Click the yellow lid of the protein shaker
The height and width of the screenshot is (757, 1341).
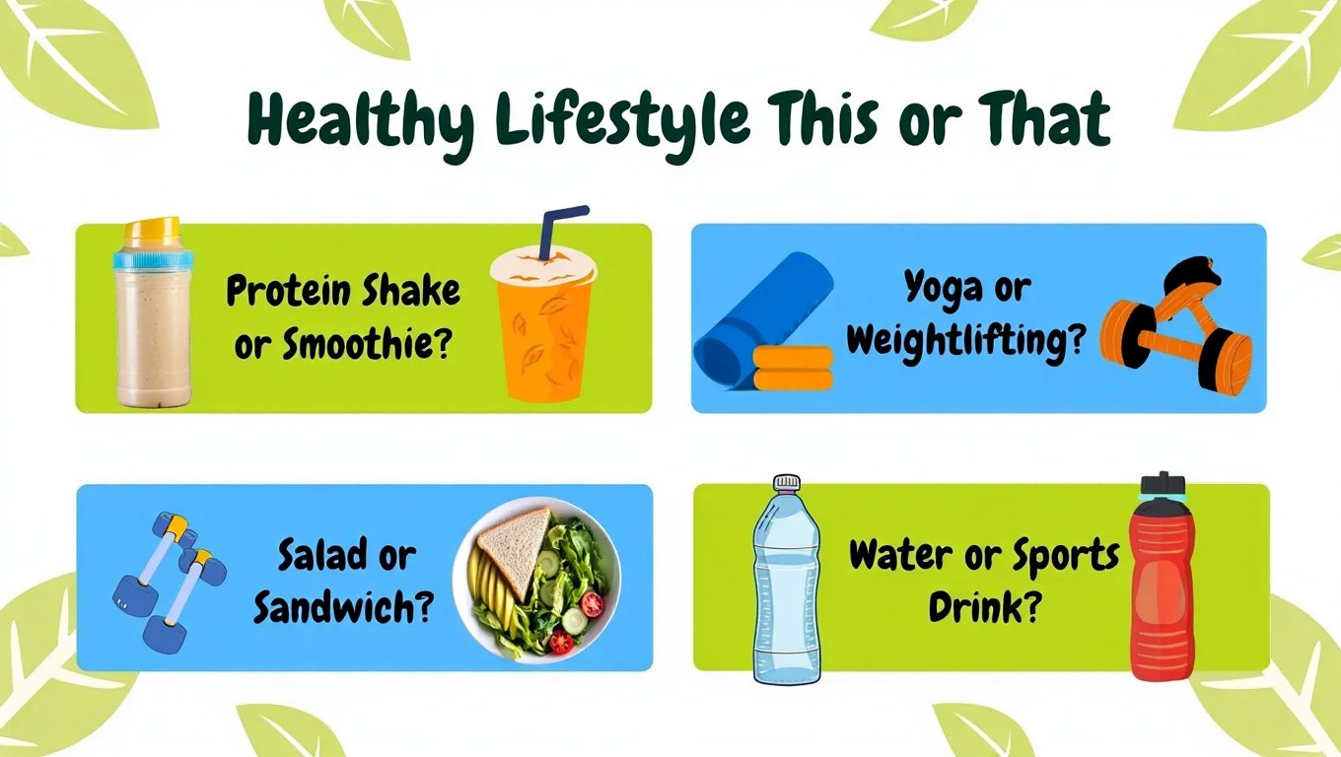point(153,233)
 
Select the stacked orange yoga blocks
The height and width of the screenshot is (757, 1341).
point(793,368)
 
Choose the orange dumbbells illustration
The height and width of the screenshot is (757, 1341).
point(1175,326)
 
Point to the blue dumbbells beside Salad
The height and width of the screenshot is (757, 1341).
point(169,582)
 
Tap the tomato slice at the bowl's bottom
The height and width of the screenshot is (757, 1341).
point(561,642)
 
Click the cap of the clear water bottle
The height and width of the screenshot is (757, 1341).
point(787,482)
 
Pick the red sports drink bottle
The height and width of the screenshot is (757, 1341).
point(1162,577)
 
